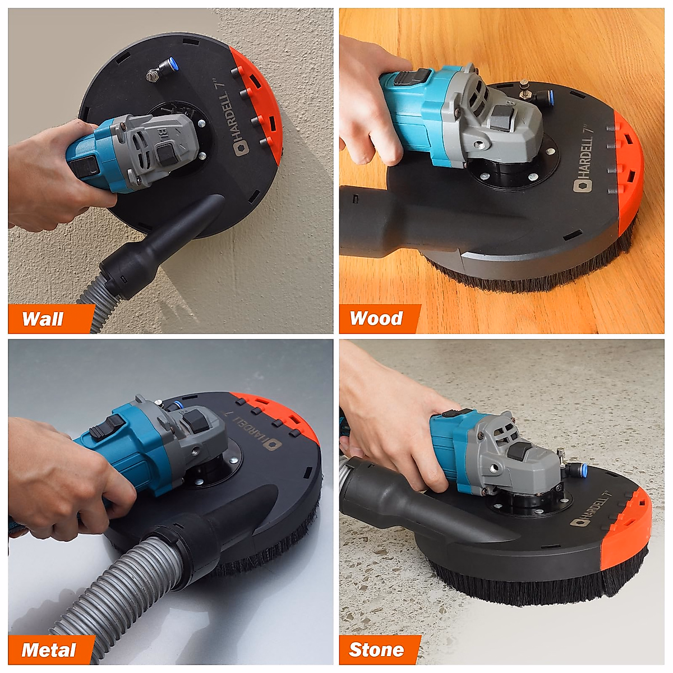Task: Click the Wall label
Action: coord(43,319)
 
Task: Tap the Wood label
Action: coord(376,319)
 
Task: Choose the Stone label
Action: coord(376,650)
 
